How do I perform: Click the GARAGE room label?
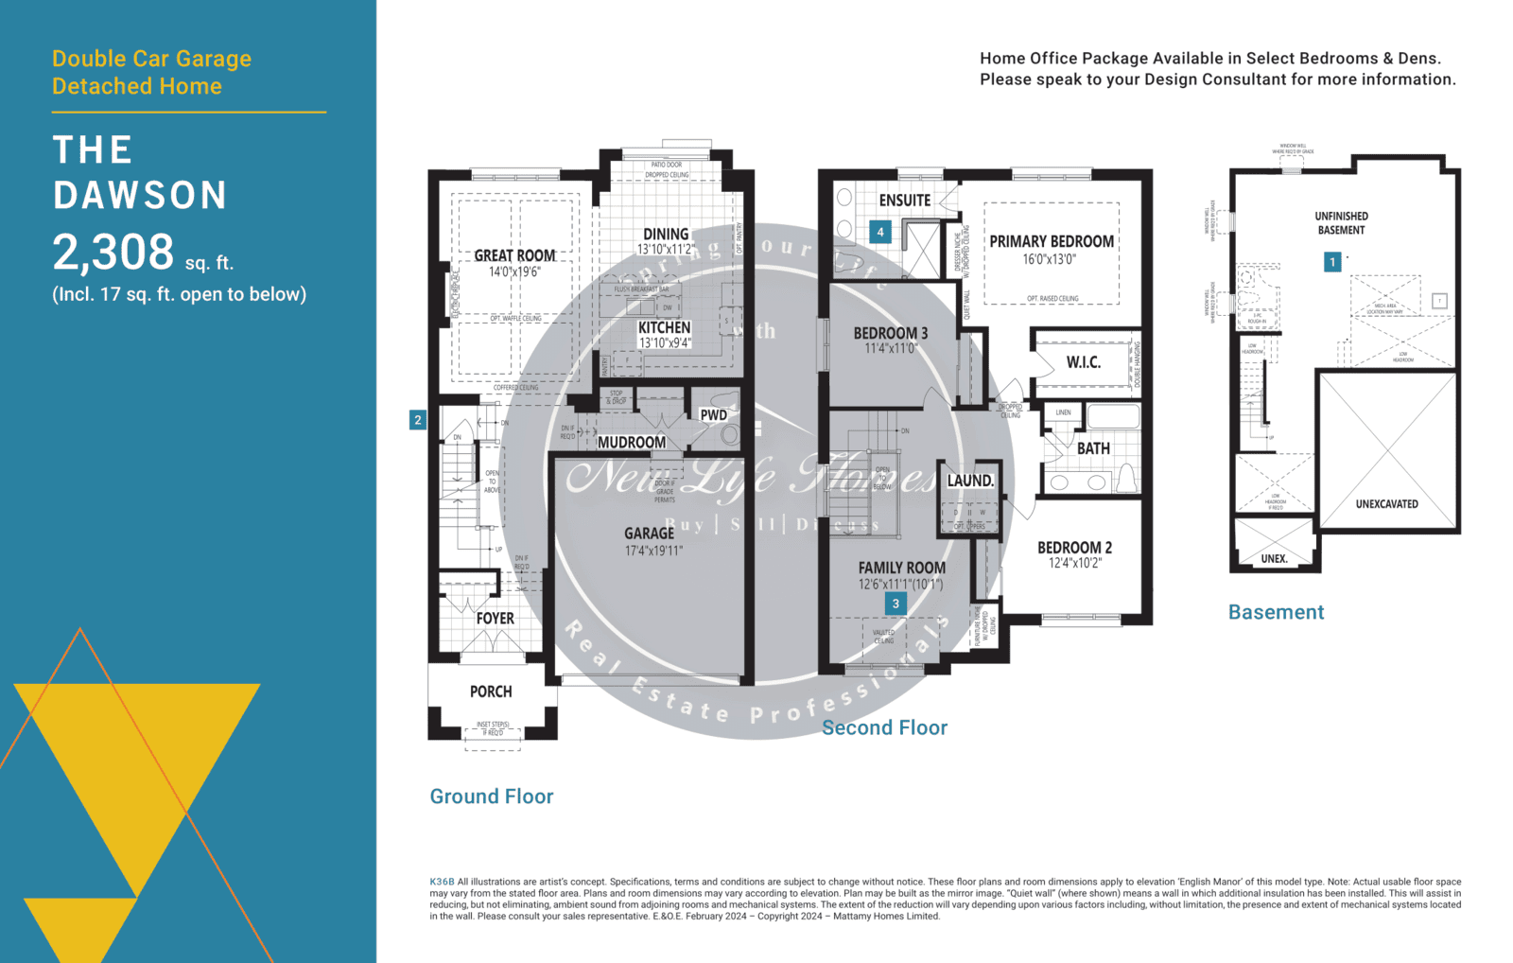click(649, 534)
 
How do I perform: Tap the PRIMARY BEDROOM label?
click(1052, 241)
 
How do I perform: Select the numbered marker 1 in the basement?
click(1332, 261)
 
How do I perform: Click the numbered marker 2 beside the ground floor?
click(418, 420)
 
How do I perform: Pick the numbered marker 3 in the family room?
click(896, 604)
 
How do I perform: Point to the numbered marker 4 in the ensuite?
click(880, 232)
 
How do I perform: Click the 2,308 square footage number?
click(113, 253)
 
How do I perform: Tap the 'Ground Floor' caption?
click(492, 797)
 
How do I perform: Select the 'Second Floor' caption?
click(884, 727)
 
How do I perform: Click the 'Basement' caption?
click(1276, 612)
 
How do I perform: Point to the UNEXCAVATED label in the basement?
click(1386, 504)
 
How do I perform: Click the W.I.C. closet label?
click(1083, 362)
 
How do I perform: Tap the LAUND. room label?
click(970, 481)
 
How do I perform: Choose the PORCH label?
click(491, 692)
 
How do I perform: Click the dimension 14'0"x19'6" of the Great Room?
click(514, 272)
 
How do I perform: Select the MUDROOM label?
click(632, 442)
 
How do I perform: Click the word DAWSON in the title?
click(140, 196)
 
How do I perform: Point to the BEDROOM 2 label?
click(1074, 548)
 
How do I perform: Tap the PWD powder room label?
click(713, 415)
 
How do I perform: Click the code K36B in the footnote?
click(442, 882)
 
